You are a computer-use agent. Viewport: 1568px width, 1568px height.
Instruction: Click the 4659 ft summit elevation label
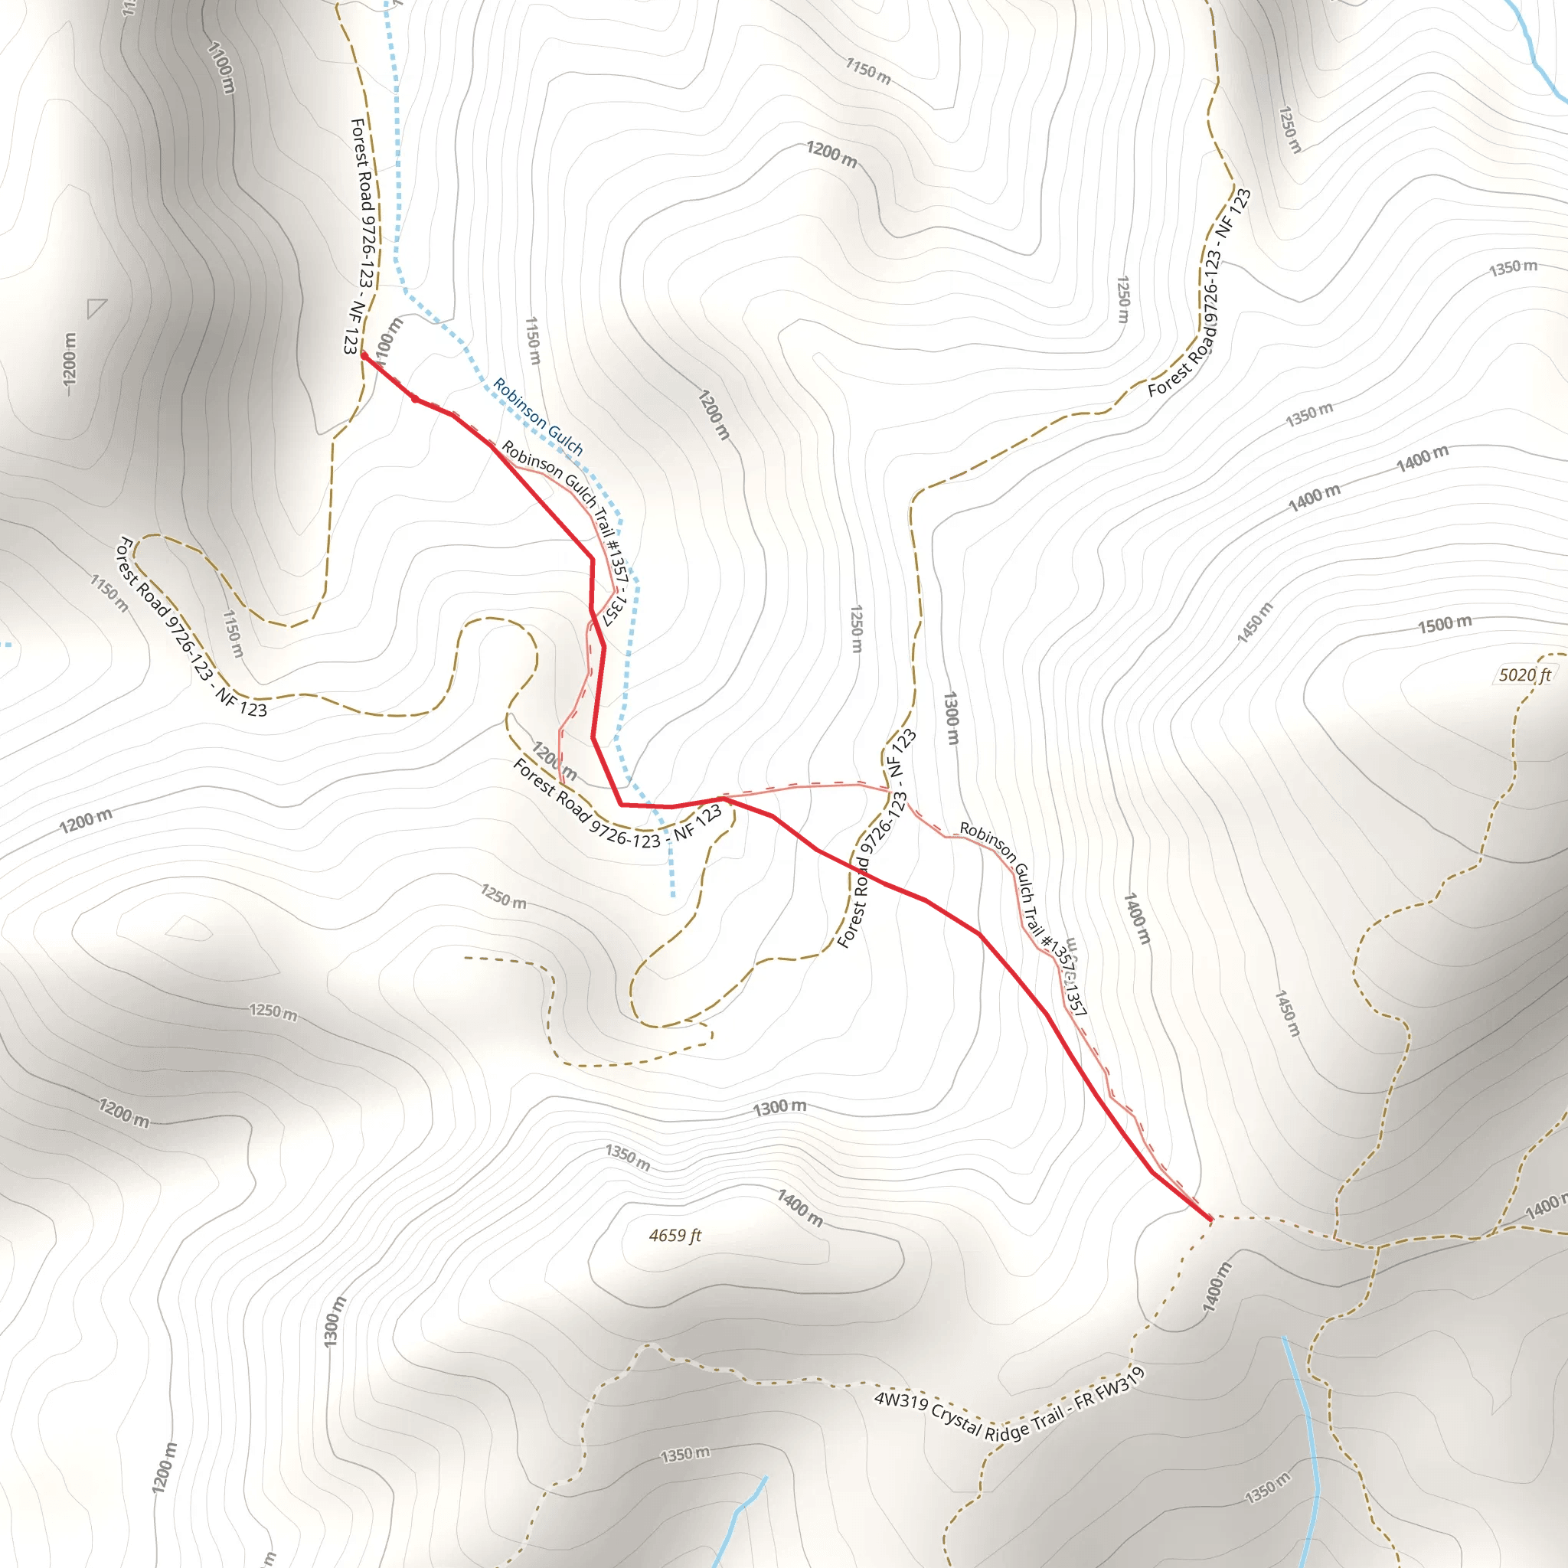coord(675,1235)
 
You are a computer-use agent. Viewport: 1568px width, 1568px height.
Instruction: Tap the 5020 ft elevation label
coord(1524,675)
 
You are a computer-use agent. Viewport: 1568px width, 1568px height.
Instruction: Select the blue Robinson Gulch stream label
coord(538,416)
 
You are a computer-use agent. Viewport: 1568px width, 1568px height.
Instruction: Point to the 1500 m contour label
coord(1445,624)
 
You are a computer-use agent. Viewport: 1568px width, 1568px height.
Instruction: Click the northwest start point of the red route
coord(363,354)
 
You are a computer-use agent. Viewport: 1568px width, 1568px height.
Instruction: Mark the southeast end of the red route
coord(1210,1218)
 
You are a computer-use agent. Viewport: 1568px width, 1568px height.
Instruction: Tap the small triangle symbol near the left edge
coord(96,309)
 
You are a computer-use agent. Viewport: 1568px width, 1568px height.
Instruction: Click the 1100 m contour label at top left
coord(221,67)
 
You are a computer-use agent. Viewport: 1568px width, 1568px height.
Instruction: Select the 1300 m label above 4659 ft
coord(779,1107)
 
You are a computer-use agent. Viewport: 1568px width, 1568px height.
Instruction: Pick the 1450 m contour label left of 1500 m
coord(1255,622)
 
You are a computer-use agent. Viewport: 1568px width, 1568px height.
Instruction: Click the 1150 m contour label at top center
coord(868,71)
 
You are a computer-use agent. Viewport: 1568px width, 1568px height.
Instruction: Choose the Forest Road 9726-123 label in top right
coord(1200,293)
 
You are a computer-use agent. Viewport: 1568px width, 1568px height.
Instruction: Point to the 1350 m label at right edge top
coord(1513,268)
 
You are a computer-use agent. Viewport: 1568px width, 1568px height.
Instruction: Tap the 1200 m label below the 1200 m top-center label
coord(714,415)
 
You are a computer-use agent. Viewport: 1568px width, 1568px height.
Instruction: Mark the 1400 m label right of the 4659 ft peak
coord(800,1207)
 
